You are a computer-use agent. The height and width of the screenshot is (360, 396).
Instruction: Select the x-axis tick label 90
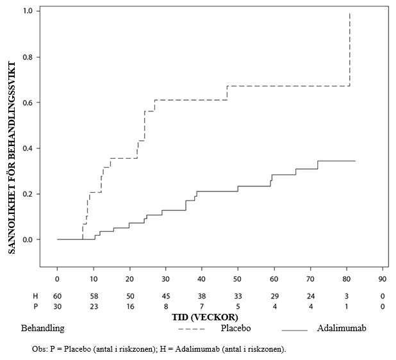(x=383, y=280)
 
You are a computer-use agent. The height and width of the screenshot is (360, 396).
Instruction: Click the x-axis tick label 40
(x=202, y=280)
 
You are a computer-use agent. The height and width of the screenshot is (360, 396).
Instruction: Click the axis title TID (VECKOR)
(x=204, y=317)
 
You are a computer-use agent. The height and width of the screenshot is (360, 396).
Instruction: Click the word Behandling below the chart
(x=43, y=329)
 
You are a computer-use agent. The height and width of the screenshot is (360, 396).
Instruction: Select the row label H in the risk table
(x=36, y=296)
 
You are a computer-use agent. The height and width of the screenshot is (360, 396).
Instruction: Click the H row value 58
(x=94, y=296)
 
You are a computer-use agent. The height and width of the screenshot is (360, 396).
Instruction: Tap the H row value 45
(x=166, y=296)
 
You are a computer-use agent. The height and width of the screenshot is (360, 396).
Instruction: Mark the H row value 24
(x=311, y=296)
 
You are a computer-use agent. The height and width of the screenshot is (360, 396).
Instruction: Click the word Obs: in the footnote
(x=40, y=349)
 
